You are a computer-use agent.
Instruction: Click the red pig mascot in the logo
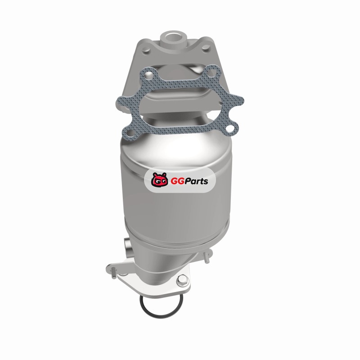[x=159, y=180]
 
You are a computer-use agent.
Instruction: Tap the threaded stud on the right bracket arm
[x=207, y=257]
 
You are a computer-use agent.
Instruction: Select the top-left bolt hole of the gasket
[x=149, y=75]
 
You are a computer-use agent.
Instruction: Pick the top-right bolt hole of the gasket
[x=211, y=73]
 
